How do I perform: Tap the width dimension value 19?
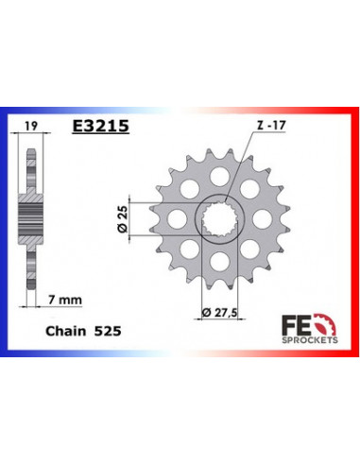click(x=31, y=124)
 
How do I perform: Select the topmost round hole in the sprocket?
click(x=219, y=173)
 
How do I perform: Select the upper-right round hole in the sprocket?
click(x=250, y=187)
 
